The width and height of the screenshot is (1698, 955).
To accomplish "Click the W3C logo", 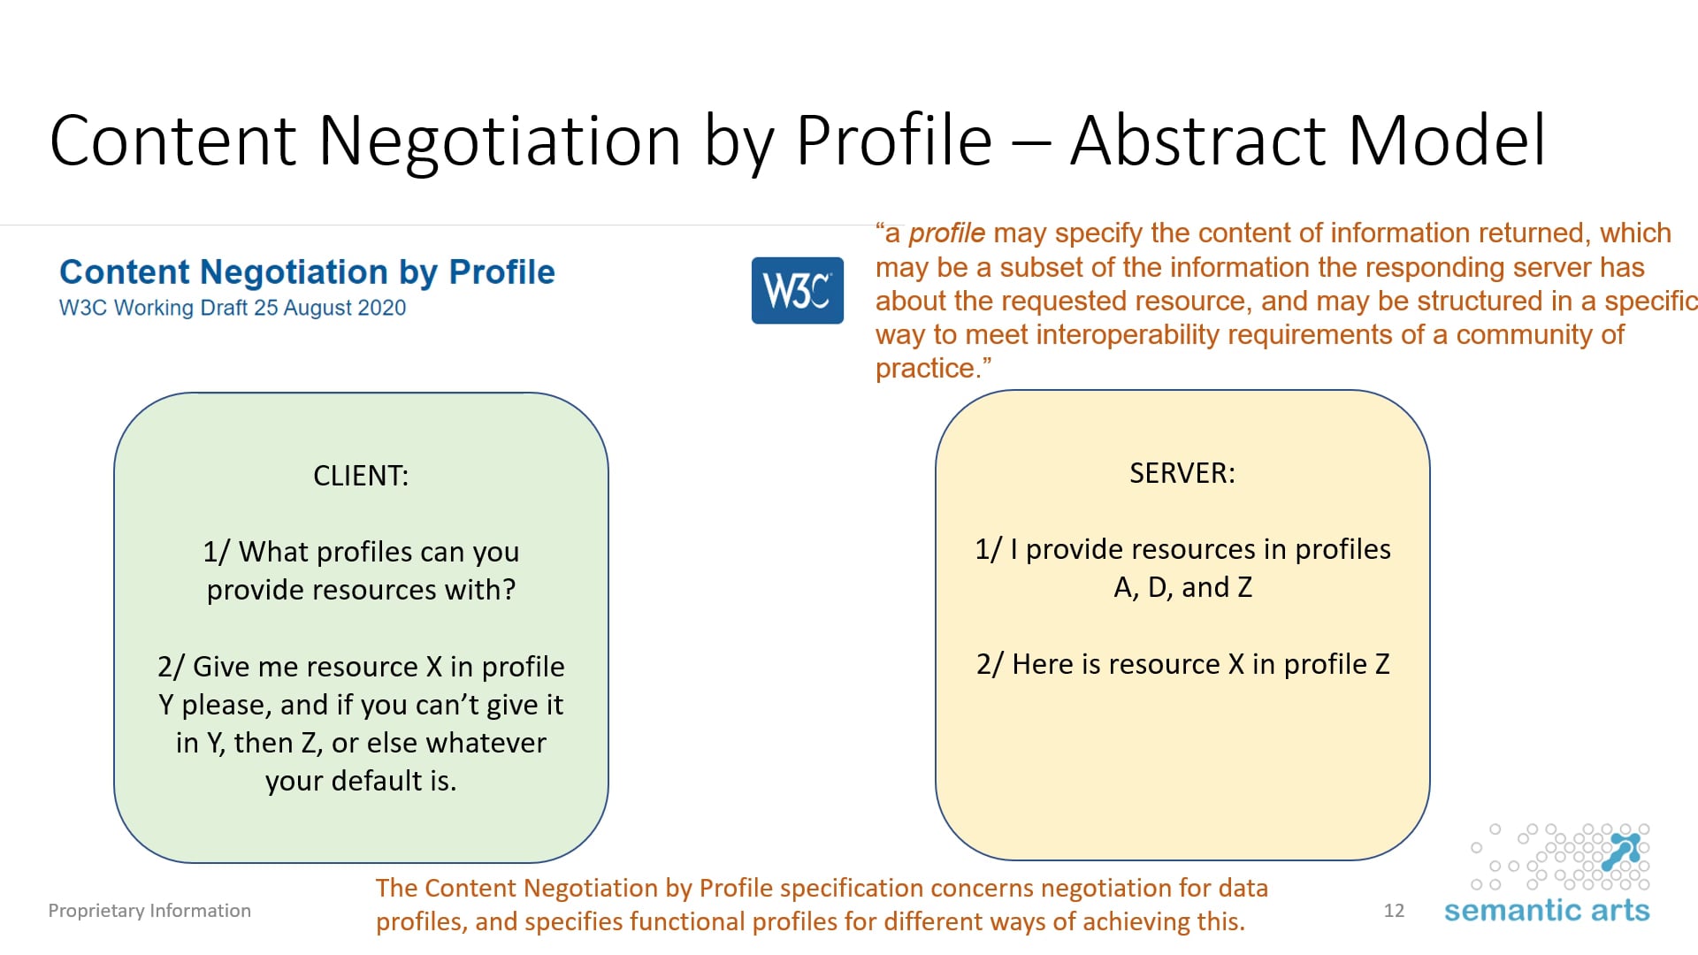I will point(797,290).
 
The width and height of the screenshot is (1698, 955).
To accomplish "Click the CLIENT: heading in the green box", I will point(361,476).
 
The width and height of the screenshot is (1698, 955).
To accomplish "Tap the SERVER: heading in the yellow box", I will point(1182,473).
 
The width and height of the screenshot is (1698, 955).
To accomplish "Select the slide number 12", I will point(1394,911).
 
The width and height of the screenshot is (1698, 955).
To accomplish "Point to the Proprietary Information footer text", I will point(149,911).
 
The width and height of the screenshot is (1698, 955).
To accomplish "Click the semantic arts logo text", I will point(1546,911).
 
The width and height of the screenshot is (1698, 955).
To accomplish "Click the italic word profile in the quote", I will point(946,233).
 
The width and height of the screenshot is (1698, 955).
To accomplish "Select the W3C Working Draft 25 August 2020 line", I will point(233,308).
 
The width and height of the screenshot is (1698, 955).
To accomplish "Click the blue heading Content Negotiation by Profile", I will point(307,272).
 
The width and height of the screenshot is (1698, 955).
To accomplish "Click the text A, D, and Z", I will point(1182,588).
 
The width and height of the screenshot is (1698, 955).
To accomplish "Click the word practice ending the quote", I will point(929,369).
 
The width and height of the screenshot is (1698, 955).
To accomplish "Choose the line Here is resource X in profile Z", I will point(1182,664).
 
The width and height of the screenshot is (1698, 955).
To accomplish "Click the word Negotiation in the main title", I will point(500,141).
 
